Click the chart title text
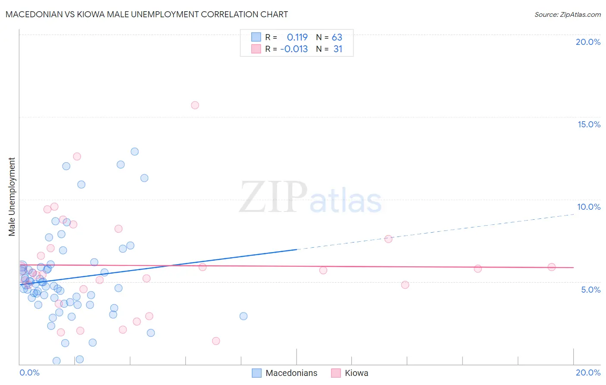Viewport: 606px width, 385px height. [147, 14]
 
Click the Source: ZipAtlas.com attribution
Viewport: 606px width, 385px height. [567, 14]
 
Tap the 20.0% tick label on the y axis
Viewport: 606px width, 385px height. [588, 42]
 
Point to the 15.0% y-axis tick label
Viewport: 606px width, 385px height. [589, 124]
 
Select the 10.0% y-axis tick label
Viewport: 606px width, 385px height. [589, 207]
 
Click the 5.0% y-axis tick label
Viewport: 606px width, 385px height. [590, 290]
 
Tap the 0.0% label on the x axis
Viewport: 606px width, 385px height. [29, 372]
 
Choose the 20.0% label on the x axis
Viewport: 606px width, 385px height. [588, 372]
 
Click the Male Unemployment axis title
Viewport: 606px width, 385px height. [12, 197]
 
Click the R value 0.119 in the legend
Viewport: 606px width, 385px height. [297, 37]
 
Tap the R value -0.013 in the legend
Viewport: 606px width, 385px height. [294, 49]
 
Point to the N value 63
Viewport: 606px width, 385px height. [337, 37]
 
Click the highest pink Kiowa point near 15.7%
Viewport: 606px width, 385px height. [195, 105]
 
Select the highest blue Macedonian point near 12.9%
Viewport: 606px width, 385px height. [134, 151]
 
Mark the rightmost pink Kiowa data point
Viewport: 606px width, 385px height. [551, 267]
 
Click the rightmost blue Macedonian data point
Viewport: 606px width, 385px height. [244, 316]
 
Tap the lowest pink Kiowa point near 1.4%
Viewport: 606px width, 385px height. [216, 341]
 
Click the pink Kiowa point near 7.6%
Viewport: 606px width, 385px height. [388, 239]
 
